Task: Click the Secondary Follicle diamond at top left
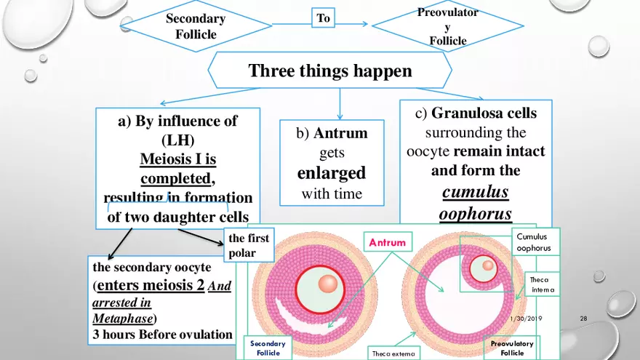tap(195, 26)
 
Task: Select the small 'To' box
tap(324, 18)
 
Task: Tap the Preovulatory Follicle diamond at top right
tap(448, 26)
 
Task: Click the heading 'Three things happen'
tap(330, 71)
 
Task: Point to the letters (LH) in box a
tap(177, 140)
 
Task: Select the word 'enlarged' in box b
tap(331, 173)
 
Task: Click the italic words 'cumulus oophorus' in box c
tap(475, 203)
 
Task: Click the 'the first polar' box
tap(248, 245)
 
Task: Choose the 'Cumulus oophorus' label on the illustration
tap(533, 242)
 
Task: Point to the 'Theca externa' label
tap(392, 353)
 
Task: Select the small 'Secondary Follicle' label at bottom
tap(268, 348)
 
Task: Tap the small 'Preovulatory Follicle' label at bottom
tap(512, 348)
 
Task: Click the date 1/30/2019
tap(526, 319)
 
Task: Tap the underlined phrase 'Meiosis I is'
tap(177, 159)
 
